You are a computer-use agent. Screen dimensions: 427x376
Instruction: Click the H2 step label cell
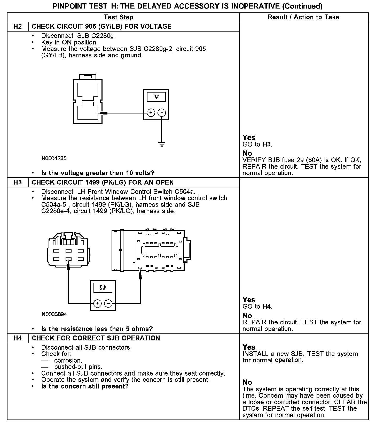click(x=18, y=27)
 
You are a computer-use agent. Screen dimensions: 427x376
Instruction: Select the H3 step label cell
click(x=18, y=182)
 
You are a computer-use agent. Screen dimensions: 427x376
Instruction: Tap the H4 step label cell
click(x=18, y=338)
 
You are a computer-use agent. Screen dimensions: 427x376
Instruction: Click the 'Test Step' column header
click(x=119, y=17)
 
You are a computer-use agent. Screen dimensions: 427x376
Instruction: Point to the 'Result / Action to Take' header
click(x=303, y=17)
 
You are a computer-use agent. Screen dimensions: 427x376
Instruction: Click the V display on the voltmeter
click(x=156, y=97)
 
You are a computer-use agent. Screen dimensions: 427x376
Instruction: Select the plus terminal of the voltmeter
click(x=151, y=113)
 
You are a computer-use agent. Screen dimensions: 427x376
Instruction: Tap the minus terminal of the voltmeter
click(x=162, y=113)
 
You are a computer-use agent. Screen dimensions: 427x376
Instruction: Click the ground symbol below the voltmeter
click(x=162, y=144)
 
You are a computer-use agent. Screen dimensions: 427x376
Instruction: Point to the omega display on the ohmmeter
click(x=103, y=288)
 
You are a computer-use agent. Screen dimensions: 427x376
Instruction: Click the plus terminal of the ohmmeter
click(x=97, y=303)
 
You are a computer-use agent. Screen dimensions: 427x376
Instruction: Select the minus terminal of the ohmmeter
click(x=108, y=303)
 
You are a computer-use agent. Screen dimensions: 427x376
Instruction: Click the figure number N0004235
click(x=54, y=158)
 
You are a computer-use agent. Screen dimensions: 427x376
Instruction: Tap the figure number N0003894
click(x=54, y=314)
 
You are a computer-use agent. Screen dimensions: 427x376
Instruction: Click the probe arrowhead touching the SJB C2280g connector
click(x=103, y=113)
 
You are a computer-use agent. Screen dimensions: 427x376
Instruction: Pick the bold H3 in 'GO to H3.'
click(x=267, y=144)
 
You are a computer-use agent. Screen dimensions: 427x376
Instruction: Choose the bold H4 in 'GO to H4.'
click(x=267, y=307)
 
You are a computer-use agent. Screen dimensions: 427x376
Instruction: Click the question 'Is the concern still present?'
click(x=85, y=386)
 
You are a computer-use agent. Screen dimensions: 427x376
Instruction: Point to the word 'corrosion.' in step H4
click(x=68, y=361)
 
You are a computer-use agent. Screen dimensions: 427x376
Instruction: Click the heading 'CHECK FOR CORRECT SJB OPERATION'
click(x=96, y=338)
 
